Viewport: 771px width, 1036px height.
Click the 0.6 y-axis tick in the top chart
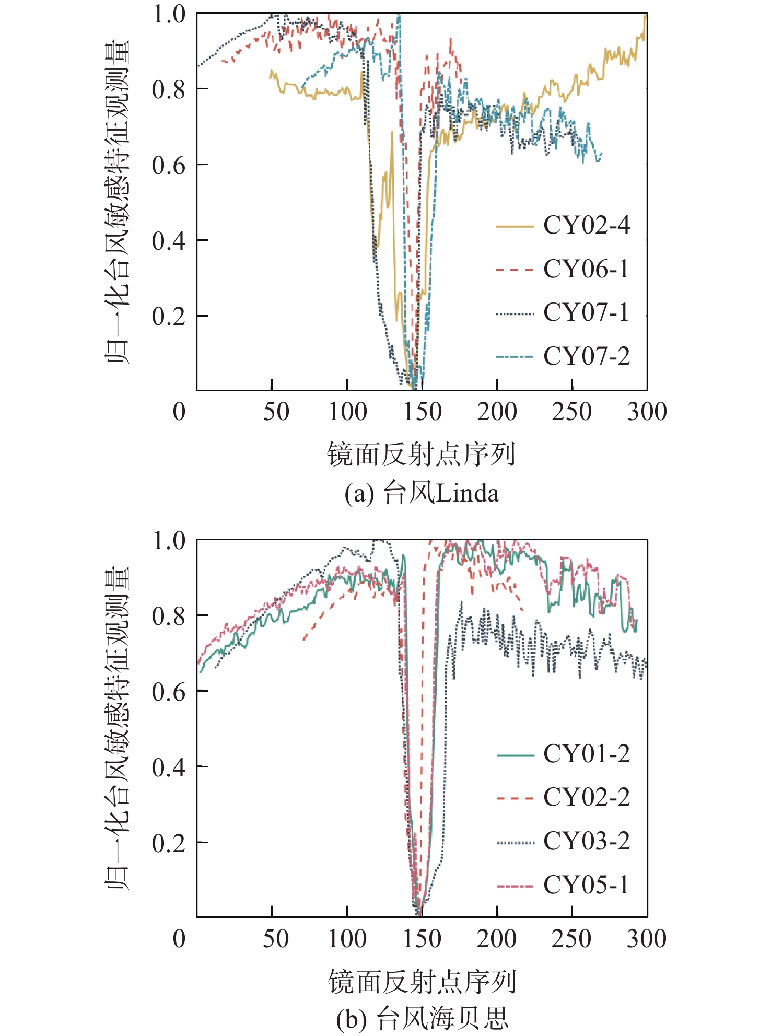tap(168, 166)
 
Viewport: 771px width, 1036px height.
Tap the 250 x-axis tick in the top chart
tap(572, 412)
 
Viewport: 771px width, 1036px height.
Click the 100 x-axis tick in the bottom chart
tap(347, 939)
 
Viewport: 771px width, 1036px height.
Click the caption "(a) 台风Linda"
tap(422, 493)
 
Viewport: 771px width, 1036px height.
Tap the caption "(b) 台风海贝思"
tap(422, 1018)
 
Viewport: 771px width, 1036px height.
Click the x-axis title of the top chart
tap(422, 453)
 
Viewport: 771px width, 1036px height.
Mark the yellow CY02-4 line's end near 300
tap(645, 17)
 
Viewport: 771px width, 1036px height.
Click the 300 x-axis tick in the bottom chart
tap(647, 939)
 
